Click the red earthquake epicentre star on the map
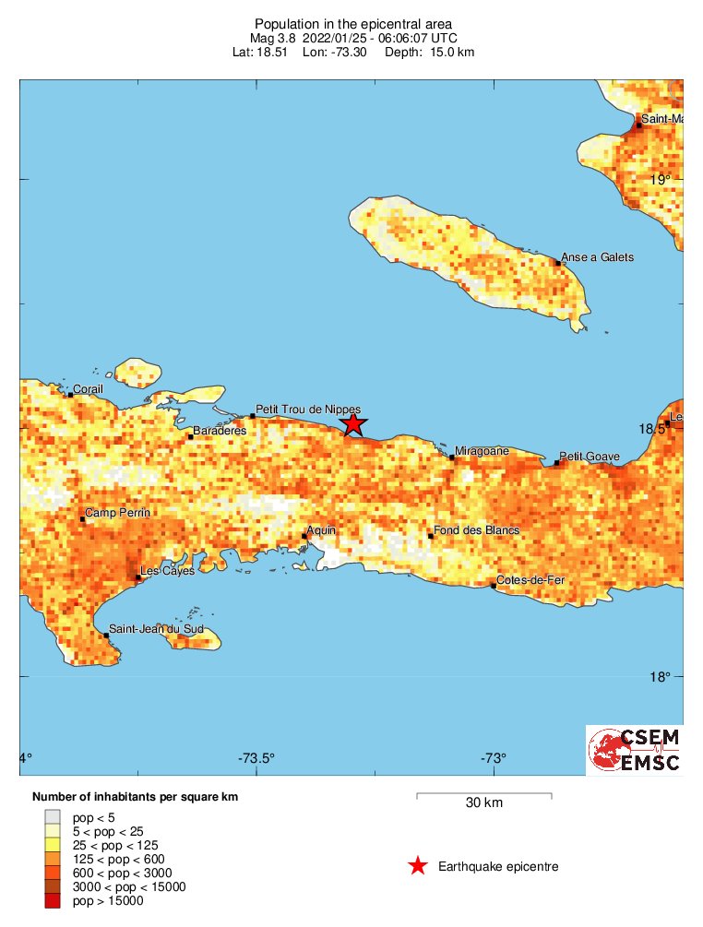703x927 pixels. pos(352,424)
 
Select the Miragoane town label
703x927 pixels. pos(483,451)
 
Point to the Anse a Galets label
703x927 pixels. pos(598,257)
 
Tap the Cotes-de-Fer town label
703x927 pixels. pos(530,580)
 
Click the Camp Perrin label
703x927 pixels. pos(117,513)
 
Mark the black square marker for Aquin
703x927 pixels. pos(304,536)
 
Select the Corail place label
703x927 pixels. pos(89,389)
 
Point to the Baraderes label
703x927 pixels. pos(220,431)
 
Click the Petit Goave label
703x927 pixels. pos(590,457)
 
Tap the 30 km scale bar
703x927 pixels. pos(483,794)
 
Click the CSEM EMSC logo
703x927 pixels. pos(635,750)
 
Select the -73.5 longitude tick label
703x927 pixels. pos(256,759)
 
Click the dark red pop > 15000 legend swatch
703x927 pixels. pos(54,900)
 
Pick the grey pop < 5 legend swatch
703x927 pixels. pos(54,816)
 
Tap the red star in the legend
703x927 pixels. pos(418,866)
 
